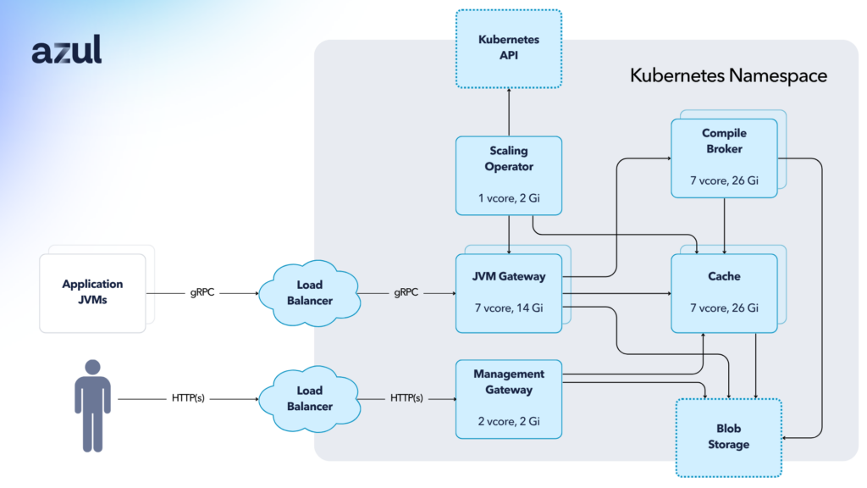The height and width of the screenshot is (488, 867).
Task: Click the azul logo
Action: (67, 51)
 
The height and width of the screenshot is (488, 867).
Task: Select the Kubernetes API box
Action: (508, 48)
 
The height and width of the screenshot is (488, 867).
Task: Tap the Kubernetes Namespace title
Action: (728, 75)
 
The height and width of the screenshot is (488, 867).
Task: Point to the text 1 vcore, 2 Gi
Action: (508, 197)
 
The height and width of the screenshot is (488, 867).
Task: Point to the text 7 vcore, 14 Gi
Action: (508, 308)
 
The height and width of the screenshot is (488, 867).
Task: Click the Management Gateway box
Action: (508, 399)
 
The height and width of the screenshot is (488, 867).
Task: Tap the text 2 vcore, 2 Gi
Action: (508, 421)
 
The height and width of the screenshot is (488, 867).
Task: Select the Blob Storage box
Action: (728, 437)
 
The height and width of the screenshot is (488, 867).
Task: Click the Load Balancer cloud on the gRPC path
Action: (309, 293)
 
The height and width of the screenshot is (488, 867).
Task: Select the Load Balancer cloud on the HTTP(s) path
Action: (309, 398)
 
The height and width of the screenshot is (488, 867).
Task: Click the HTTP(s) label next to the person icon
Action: (187, 398)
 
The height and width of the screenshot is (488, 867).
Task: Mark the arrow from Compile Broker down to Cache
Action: (725, 225)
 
